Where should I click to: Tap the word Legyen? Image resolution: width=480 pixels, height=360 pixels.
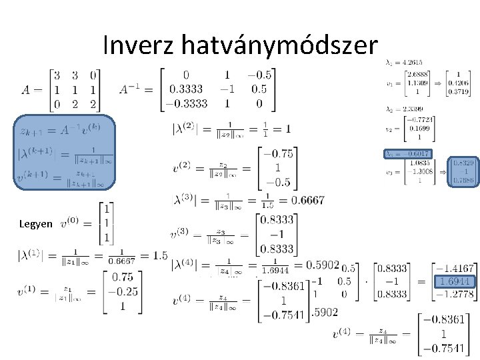coord(36,225)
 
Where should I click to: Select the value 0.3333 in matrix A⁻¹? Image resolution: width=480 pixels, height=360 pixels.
coord(187,89)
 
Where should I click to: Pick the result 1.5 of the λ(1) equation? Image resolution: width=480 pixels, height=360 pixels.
coord(159,256)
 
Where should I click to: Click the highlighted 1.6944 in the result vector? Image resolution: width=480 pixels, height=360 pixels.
coord(455,281)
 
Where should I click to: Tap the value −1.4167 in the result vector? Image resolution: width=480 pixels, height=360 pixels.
coord(455,269)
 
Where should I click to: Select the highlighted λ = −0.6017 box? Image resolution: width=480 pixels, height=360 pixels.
coord(408,153)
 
